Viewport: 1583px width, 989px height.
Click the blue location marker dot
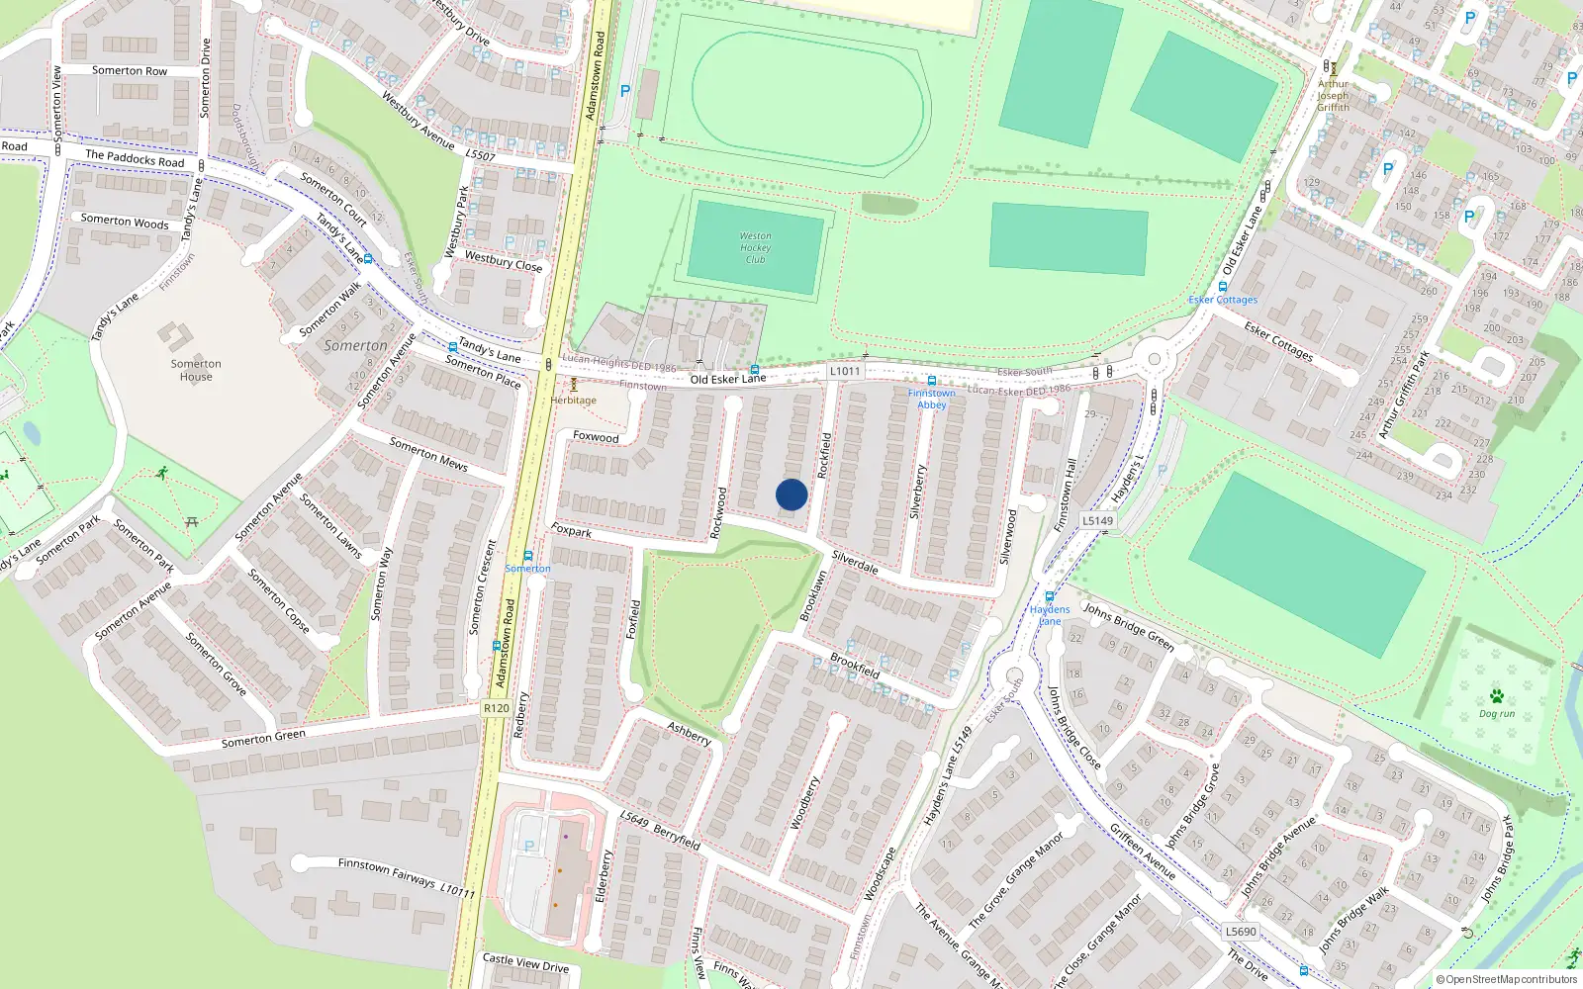(791, 494)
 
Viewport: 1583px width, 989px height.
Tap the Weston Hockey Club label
(755, 247)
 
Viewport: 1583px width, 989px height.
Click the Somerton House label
(196, 370)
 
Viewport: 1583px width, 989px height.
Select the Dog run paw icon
(1497, 696)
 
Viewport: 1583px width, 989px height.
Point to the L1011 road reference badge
(844, 371)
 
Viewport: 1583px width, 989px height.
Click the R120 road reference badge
(497, 708)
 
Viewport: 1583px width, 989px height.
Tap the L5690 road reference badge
(1241, 932)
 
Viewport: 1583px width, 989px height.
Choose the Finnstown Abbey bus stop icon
(931, 381)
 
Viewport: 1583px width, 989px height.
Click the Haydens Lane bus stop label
(1050, 615)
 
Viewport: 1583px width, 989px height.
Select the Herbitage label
(574, 401)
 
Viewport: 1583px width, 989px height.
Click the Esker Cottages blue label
(1223, 300)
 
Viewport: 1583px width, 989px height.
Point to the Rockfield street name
(825, 456)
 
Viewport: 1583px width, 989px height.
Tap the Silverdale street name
(855, 562)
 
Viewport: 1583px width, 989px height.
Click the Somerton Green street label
(263, 739)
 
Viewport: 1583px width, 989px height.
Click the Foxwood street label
(596, 436)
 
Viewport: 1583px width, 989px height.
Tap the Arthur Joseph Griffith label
(1333, 96)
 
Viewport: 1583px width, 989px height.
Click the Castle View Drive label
(525, 962)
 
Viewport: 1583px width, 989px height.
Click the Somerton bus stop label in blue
(528, 569)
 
